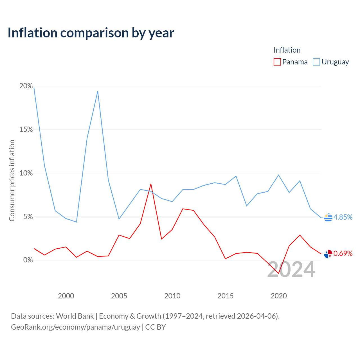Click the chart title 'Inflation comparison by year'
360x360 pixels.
point(91,33)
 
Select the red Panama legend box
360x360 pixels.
point(277,62)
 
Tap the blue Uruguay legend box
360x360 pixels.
point(316,62)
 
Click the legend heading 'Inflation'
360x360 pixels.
point(287,50)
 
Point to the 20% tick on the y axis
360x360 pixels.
point(26,86)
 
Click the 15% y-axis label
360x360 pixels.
point(26,129)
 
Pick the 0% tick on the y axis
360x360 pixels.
point(28,260)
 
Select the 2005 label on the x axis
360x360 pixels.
point(119,296)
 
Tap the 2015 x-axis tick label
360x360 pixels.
point(226,296)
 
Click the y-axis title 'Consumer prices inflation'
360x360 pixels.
point(12,181)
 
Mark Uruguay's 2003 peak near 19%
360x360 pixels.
point(98,91)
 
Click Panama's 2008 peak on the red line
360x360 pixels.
point(151,184)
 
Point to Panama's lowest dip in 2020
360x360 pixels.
point(278,273)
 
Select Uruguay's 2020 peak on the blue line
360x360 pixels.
point(278,175)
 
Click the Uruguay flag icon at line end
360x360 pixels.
point(328,217)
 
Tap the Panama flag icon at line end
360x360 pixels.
point(328,254)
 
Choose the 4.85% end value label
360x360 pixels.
point(343,217)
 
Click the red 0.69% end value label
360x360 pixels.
point(343,253)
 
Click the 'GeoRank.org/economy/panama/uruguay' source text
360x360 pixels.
point(75,327)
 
